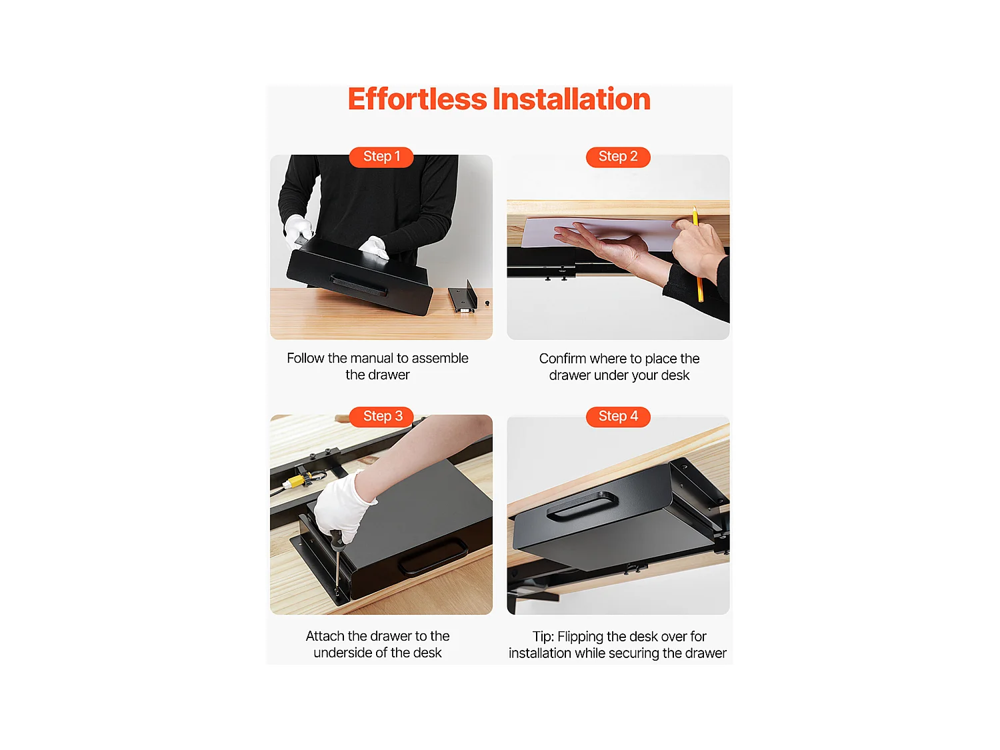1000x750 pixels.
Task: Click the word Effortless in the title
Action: click(x=417, y=99)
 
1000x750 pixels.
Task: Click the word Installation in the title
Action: click(x=571, y=99)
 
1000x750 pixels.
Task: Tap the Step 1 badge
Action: click(x=381, y=157)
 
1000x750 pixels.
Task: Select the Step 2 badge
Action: click(x=618, y=157)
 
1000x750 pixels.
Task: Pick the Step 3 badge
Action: click(x=381, y=417)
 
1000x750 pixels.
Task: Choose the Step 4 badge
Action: click(x=618, y=417)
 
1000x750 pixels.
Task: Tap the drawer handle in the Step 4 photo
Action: click(x=582, y=506)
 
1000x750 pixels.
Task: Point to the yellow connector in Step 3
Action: click(x=294, y=481)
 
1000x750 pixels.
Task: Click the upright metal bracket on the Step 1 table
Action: click(x=463, y=297)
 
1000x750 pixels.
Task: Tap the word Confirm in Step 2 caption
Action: click(x=562, y=359)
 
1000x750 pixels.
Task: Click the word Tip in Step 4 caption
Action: click(x=542, y=637)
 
